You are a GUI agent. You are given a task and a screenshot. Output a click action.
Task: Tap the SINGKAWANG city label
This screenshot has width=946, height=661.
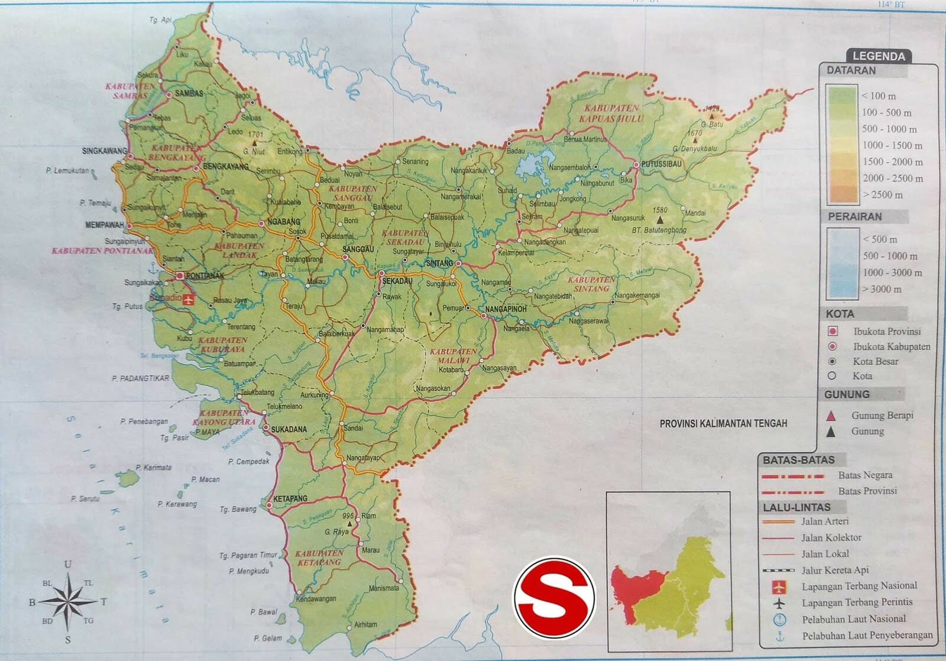tap(105, 151)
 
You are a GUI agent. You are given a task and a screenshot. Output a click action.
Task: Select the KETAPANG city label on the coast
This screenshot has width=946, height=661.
tap(291, 499)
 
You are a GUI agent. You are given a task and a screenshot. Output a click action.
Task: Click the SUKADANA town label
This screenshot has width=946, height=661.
tap(289, 429)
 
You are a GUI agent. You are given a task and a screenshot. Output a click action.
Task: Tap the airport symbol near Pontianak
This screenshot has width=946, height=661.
tap(189, 299)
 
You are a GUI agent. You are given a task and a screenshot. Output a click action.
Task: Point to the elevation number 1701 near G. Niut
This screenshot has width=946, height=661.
tap(255, 135)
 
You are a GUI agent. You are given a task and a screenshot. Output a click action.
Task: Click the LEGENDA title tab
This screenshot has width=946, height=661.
tap(879, 57)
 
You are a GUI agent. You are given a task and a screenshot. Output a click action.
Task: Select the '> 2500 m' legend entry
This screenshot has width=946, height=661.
tap(883, 195)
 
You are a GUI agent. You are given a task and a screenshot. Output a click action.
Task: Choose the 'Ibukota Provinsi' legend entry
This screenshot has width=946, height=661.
tap(887, 332)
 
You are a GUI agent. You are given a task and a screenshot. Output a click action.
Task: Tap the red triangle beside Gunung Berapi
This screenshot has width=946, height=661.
tap(831, 416)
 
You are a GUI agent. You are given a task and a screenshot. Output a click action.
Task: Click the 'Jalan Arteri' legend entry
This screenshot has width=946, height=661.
tap(825, 521)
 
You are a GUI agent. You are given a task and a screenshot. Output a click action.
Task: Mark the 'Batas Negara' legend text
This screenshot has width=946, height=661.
tap(865, 475)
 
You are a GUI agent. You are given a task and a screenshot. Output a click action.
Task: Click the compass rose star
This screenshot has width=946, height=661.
tap(69, 601)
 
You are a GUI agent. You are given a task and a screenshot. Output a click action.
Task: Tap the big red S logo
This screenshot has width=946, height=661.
tap(554, 598)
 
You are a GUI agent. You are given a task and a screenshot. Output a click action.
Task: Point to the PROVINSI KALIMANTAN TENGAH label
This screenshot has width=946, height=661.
tap(723, 423)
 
